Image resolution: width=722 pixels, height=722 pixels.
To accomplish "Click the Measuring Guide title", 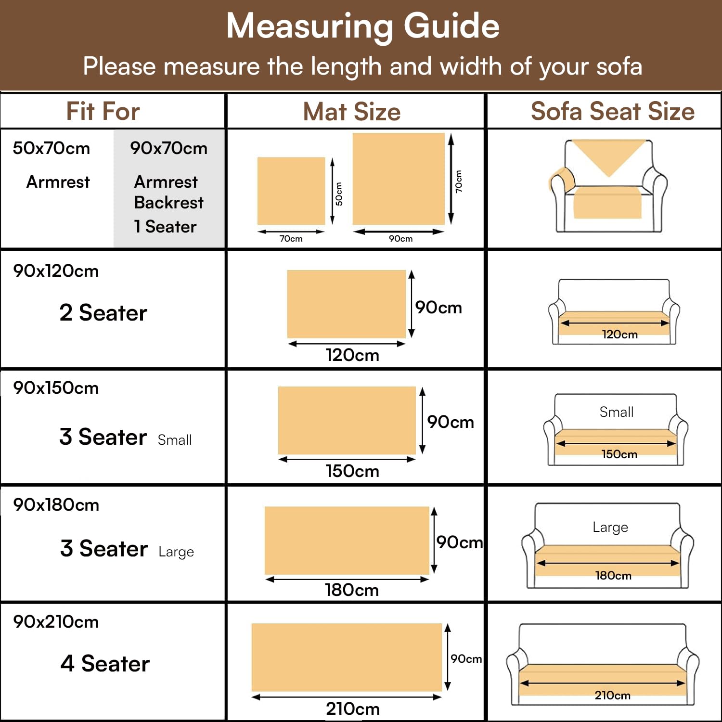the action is [x=362, y=26].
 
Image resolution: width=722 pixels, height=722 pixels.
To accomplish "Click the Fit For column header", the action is [x=103, y=111].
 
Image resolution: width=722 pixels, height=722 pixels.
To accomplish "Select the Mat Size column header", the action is [x=352, y=112].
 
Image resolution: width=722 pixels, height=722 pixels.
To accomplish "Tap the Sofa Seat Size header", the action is [x=613, y=111].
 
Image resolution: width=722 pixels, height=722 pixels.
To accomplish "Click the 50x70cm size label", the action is [x=52, y=148].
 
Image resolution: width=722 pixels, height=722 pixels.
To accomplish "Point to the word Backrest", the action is [x=169, y=202].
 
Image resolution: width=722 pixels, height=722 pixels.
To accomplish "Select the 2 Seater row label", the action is [x=103, y=313].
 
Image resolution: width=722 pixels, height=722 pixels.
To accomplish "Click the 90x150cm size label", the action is [x=56, y=387].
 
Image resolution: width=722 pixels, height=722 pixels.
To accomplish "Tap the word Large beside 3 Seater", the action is [x=176, y=552].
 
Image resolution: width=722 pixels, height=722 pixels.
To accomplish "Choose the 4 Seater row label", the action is [x=105, y=663].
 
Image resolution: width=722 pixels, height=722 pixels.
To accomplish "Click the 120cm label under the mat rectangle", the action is [x=352, y=355].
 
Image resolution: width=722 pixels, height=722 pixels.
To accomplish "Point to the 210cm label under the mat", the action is [x=353, y=709].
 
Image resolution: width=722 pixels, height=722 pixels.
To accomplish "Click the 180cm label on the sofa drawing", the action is [x=613, y=575].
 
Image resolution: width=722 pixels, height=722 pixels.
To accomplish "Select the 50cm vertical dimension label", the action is [x=339, y=193].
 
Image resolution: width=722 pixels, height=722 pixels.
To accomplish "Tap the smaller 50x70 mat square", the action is [x=291, y=191].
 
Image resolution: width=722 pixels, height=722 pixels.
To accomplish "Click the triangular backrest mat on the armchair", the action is [x=609, y=156].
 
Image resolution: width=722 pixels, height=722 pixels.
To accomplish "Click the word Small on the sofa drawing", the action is [x=617, y=412].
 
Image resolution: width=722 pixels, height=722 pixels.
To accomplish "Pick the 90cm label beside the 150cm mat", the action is [x=451, y=422].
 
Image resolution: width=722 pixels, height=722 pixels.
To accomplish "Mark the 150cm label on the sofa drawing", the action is [x=619, y=454].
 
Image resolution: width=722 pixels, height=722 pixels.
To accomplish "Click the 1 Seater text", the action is [x=165, y=227].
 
